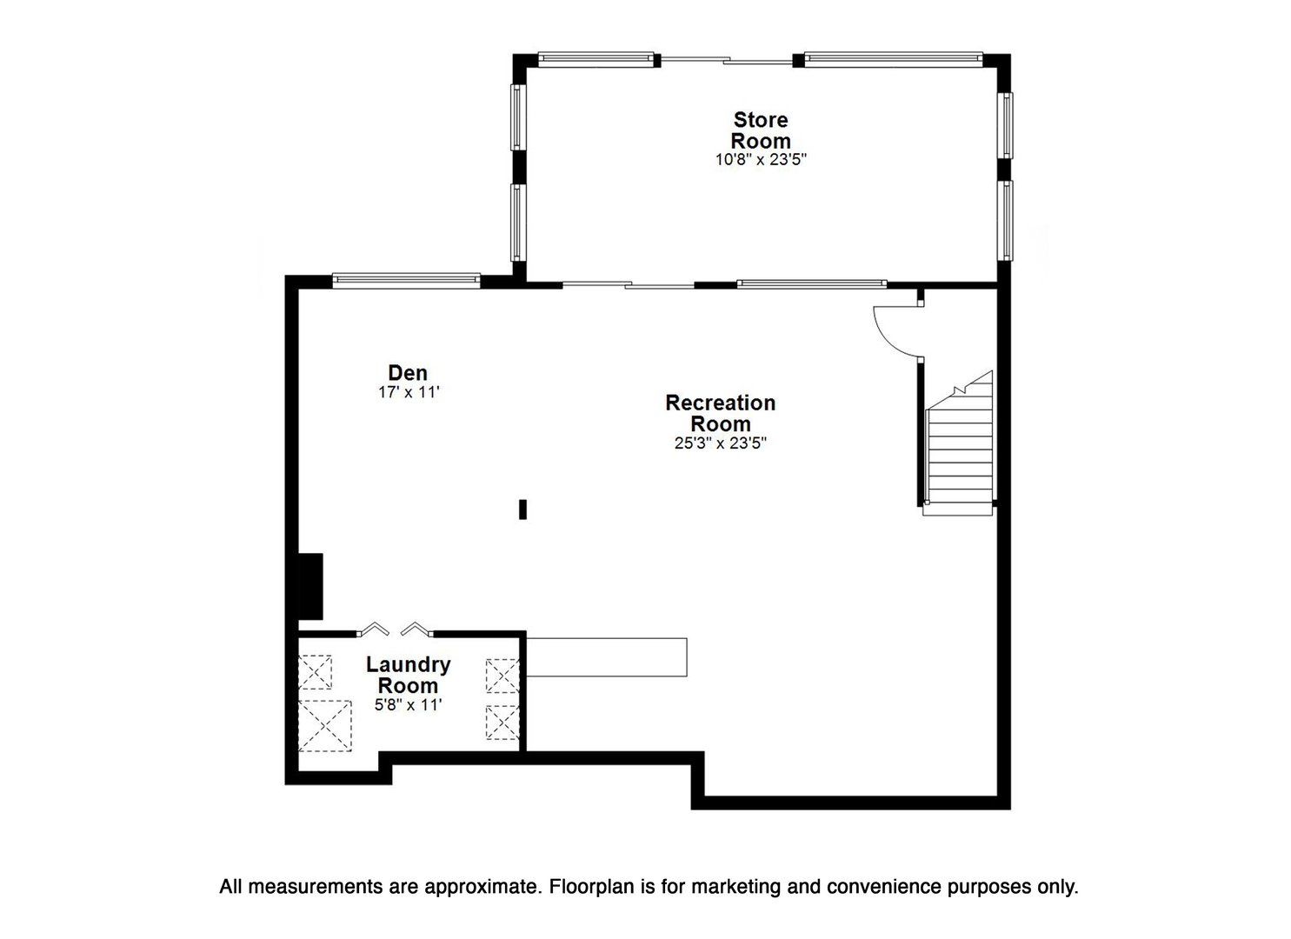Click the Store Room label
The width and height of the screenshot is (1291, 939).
pos(760,130)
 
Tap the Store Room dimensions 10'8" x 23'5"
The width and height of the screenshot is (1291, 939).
pos(760,160)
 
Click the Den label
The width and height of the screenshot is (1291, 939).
pos(408,373)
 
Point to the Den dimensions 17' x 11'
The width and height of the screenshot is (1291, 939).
pos(408,392)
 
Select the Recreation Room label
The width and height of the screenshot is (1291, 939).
pos(720,413)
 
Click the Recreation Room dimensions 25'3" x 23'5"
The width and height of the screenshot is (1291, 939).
pos(720,443)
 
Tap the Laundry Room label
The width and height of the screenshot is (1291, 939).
pos(408,675)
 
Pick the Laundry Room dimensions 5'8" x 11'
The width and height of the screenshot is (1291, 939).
pos(408,706)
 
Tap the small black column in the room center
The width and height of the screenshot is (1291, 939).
pos(522,509)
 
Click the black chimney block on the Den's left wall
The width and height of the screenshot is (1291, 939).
pos(310,586)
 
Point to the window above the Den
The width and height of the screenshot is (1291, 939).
pos(406,280)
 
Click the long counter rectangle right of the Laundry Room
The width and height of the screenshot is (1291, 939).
pos(607,657)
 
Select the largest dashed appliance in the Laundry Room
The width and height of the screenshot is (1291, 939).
pos(325,725)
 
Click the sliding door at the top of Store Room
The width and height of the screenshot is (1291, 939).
pos(726,60)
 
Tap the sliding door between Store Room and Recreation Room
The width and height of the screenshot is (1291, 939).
pos(628,284)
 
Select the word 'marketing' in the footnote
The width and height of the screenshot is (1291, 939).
pos(723,888)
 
